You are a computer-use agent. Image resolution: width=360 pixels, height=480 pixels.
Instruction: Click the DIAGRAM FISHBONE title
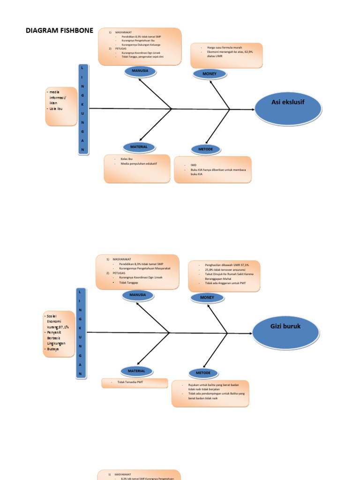pos(59,31)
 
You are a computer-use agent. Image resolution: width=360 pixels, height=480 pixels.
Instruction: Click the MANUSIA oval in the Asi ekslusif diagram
pos(140,71)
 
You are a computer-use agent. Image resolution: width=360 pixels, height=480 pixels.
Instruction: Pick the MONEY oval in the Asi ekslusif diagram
pos(210,74)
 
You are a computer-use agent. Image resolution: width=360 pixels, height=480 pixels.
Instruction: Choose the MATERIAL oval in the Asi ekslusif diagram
pos(139,147)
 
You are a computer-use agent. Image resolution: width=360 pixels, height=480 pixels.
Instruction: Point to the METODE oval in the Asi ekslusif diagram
pos(205,150)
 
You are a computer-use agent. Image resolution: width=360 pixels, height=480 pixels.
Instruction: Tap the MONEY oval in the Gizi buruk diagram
pos(207,298)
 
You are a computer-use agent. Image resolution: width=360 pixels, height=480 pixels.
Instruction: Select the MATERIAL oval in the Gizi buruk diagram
pos(137,371)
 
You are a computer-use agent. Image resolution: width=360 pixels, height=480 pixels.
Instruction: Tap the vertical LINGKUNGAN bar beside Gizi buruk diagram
pos(81,333)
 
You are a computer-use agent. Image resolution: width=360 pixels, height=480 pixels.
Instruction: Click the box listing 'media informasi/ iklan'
pos(61,106)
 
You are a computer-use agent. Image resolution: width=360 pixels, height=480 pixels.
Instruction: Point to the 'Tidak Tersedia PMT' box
pos(135,383)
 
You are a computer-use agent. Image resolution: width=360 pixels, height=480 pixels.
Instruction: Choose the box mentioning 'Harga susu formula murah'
pos(226,56)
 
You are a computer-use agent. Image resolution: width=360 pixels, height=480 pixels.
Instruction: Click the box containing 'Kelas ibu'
pos(137,168)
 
